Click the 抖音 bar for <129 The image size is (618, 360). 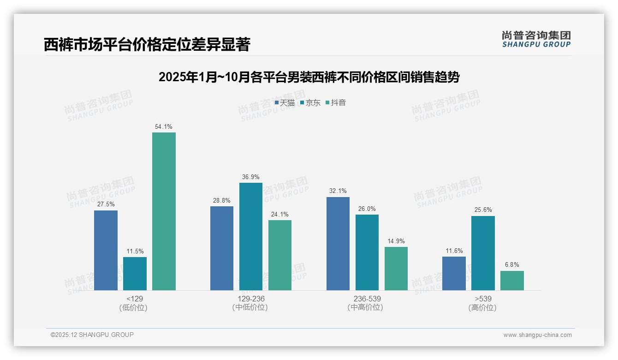[x=164, y=211]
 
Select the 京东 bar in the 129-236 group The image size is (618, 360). [x=250, y=236]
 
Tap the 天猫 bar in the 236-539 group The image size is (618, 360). [x=338, y=244]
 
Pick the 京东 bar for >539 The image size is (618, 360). [x=483, y=253]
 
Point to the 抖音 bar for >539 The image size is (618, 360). [x=512, y=281]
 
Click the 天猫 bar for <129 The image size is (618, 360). [x=106, y=250]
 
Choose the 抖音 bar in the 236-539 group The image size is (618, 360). [x=396, y=269]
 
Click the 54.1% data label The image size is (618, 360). [x=164, y=126]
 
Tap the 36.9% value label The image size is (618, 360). [x=250, y=177]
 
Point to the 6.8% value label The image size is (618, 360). [x=512, y=265]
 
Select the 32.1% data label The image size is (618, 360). [x=338, y=191]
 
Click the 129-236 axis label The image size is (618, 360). [x=251, y=299]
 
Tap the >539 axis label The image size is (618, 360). [x=483, y=299]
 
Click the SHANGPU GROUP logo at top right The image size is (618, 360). [x=536, y=39]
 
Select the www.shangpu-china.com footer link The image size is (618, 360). [x=537, y=335]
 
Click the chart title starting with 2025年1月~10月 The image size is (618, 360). [x=309, y=77]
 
